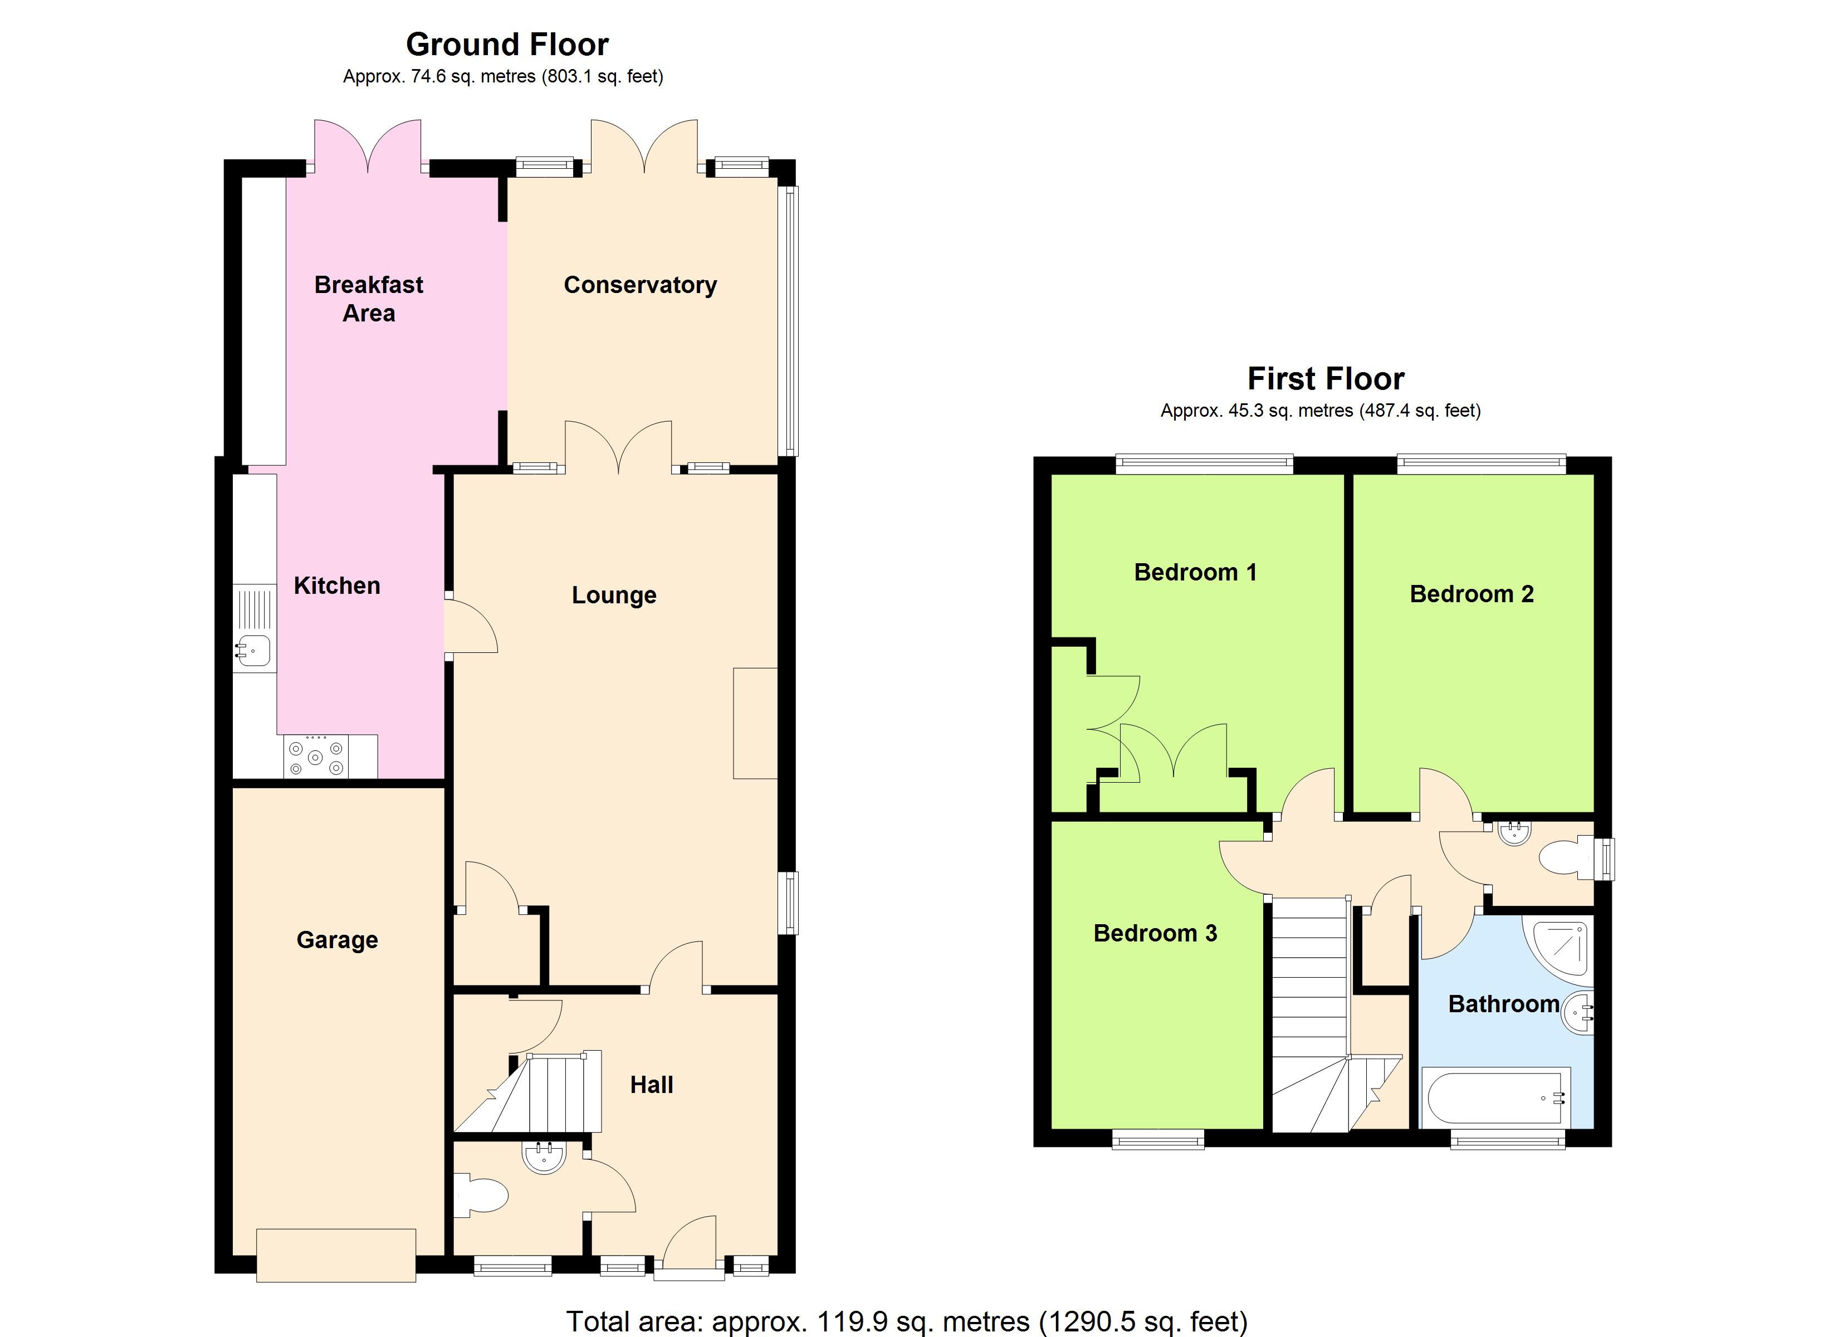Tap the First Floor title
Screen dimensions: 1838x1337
click(x=1325, y=379)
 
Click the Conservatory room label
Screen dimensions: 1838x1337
click(x=640, y=285)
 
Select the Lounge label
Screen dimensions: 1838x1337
click(x=613, y=595)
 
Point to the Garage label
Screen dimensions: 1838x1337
click(x=337, y=940)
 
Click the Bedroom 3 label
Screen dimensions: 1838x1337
click(x=1155, y=933)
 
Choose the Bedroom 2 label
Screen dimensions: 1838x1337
click(x=1471, y=594)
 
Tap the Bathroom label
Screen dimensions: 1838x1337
click(x=1503, y=1004)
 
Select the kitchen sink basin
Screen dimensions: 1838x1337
click(x=255, y=650)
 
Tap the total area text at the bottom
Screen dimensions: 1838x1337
click(x=906, y=1321)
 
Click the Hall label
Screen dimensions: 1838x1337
click(x=652, y=1085)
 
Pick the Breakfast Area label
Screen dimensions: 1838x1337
click(x=369, y=299)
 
